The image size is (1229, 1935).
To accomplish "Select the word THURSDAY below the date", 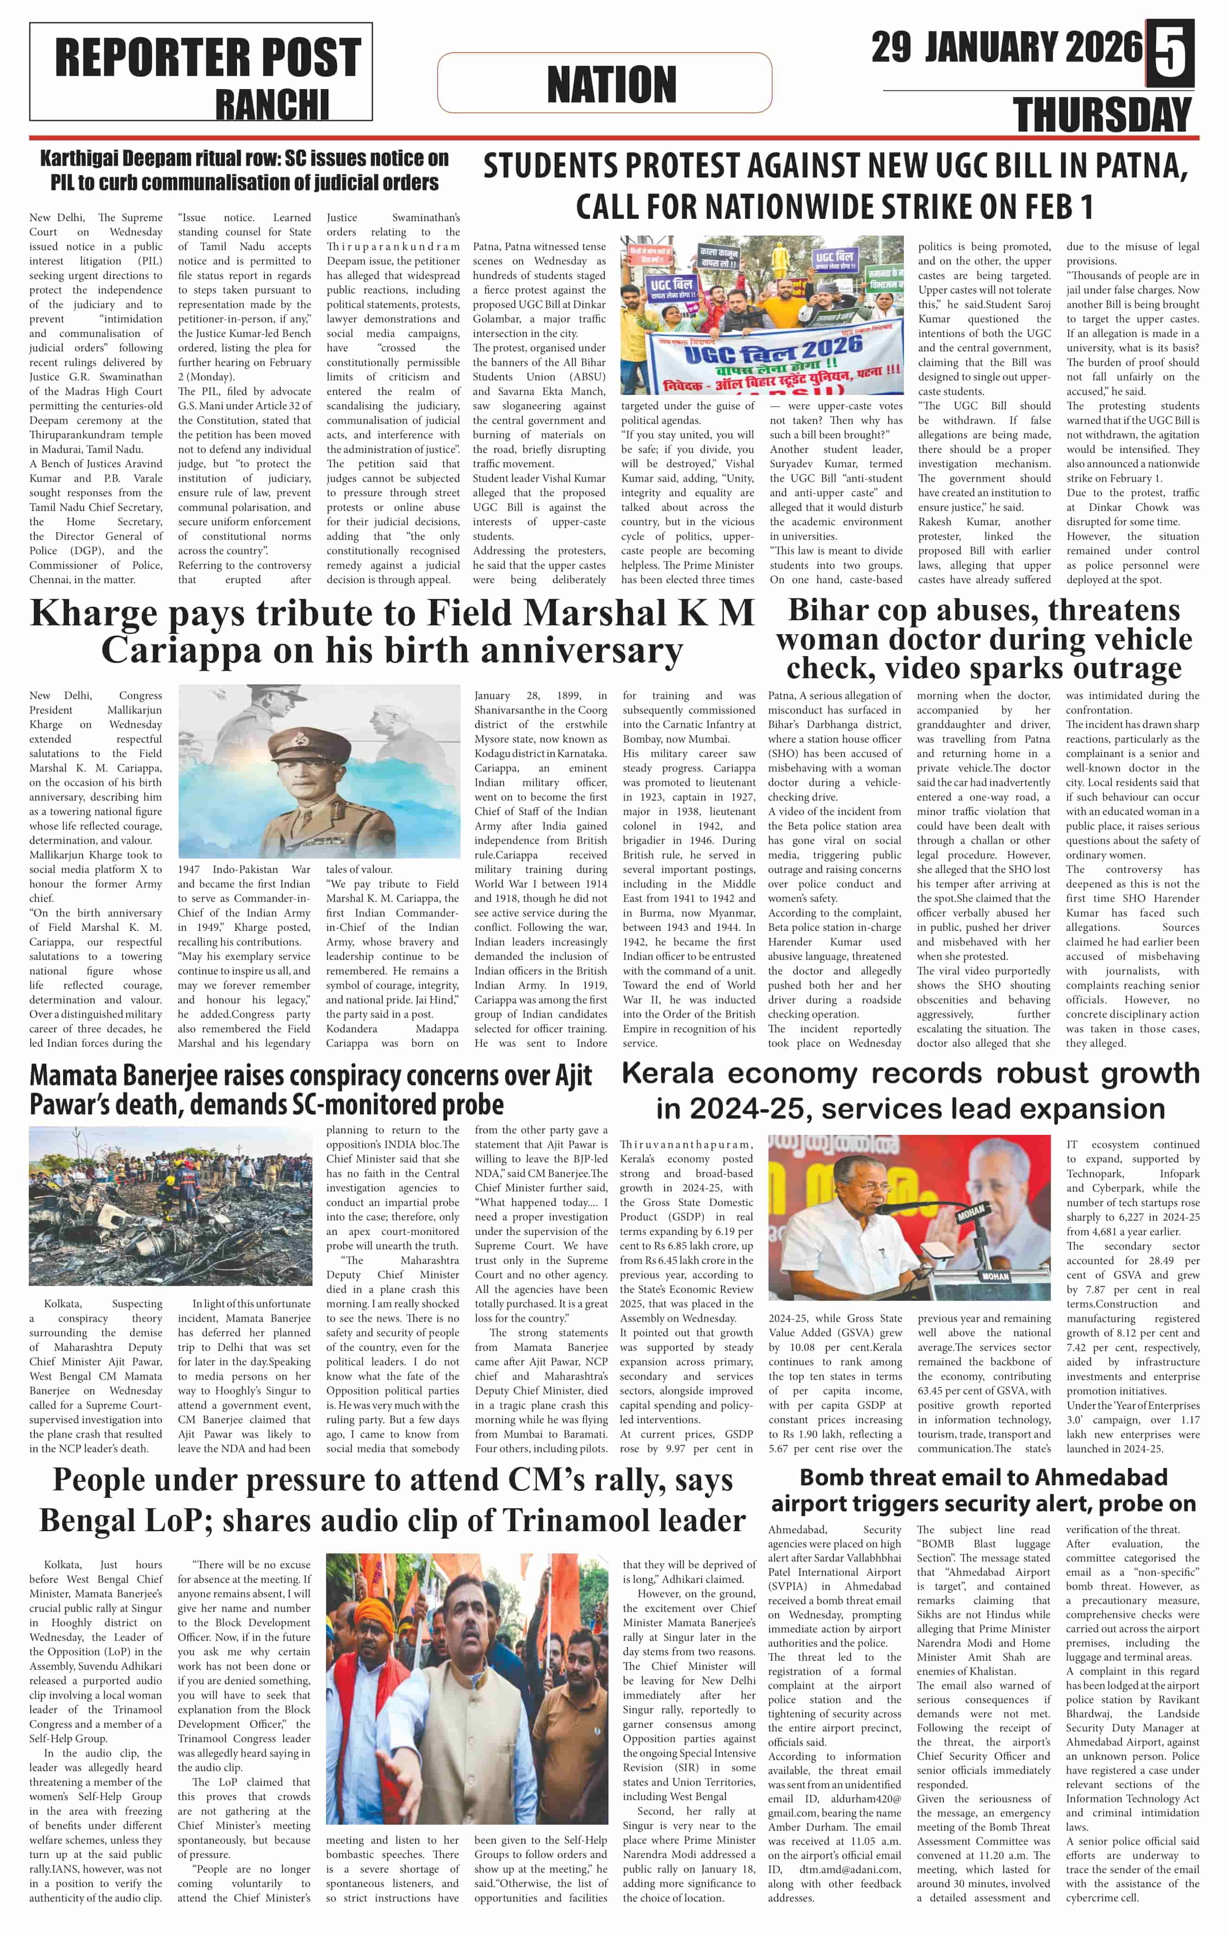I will [1102, 115].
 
